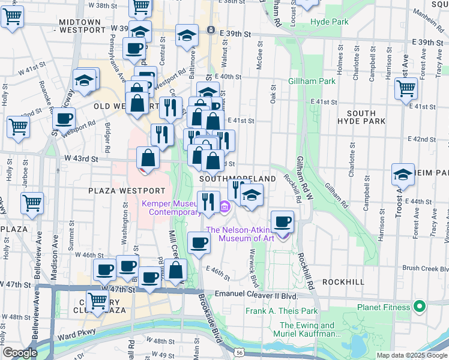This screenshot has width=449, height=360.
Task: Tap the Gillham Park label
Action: [x=311, y=81]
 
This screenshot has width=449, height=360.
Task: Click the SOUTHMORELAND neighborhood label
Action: [x=237, y=179]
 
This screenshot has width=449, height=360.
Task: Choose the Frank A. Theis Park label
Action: [x=281, y=311]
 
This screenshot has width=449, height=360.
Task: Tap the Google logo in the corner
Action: [x=20, y=353]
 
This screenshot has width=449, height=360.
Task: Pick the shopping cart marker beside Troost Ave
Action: [x=406, y=89]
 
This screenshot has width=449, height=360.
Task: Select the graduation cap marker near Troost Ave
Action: [x=403, y=175]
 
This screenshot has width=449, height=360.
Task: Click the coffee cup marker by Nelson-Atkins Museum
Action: [x=282, y=222]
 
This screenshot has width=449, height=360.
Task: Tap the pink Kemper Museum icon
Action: [x=224, y=208]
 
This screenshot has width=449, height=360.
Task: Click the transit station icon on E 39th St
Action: [x=210, y=30]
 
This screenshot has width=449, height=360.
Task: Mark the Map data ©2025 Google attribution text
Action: [x=411, y=355]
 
